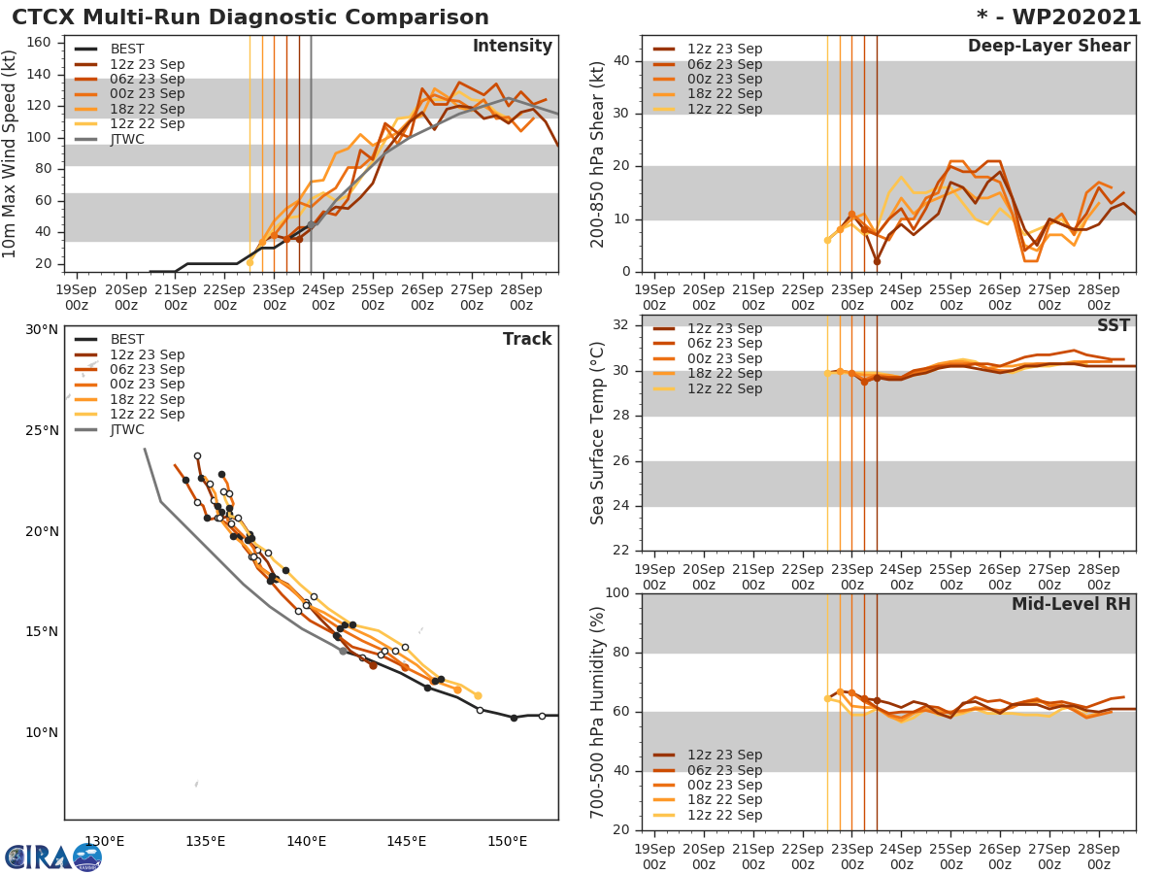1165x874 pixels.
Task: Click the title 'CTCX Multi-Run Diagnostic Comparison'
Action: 250,17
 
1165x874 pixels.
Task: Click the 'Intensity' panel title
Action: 512,47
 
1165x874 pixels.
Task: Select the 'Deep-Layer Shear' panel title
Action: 1048,47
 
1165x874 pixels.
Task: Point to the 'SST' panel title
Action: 1113,325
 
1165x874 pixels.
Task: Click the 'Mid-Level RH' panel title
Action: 1071,604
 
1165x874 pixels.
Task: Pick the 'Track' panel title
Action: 527,339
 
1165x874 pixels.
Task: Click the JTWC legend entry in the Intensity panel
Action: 127,139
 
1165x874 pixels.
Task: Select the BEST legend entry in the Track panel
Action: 127,339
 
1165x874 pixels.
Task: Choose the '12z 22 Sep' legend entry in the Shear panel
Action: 724,109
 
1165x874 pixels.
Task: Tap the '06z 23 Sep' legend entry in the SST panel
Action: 724,343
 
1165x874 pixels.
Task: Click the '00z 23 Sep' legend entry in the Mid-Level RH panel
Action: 724,785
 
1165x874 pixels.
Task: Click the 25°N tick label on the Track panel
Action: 41,430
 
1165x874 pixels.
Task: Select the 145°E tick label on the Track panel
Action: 406,841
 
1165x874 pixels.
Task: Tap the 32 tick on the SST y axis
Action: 625,325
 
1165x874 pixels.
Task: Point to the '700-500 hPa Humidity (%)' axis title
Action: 598,712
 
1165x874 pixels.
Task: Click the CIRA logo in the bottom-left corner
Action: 53,857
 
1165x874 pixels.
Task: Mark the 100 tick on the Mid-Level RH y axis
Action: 617,593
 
